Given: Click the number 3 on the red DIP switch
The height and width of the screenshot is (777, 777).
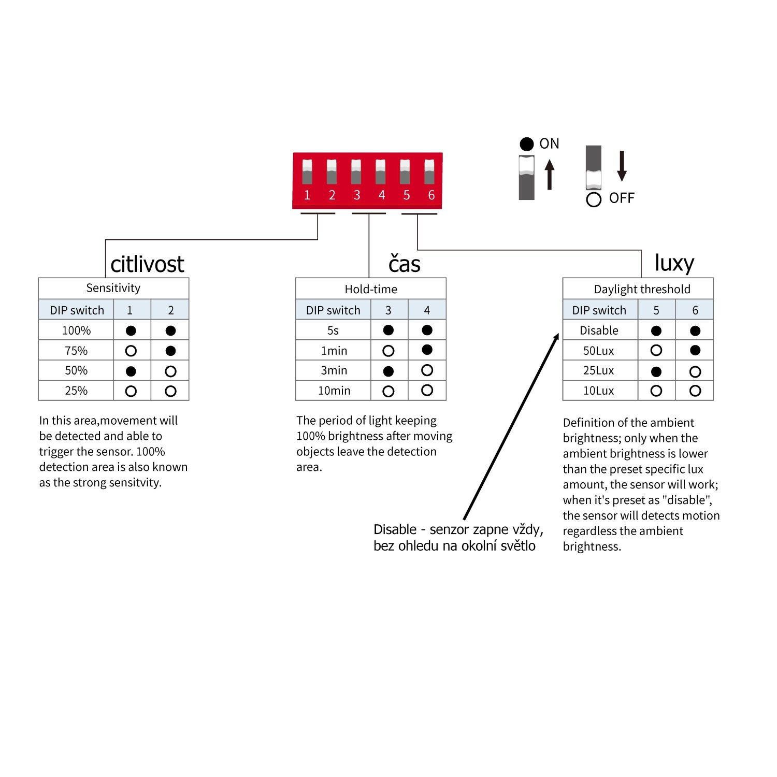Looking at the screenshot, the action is pos(357,195).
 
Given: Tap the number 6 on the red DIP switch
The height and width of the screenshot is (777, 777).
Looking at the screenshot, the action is pos(431,195).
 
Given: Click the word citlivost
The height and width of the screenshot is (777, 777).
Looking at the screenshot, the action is pos(147,264).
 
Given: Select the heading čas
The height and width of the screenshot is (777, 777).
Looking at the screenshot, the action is pos(405,263).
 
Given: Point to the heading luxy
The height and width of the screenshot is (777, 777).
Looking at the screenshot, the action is pos(674,263).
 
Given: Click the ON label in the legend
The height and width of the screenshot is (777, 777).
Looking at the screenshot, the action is pos(549,143).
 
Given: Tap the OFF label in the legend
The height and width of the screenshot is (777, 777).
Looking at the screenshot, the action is pos(622,198).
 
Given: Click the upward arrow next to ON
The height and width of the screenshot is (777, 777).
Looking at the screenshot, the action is pos(550,175).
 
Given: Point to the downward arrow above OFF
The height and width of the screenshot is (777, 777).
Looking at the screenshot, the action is pos(622,166).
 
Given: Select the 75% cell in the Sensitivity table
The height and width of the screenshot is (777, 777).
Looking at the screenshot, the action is pos(76,351).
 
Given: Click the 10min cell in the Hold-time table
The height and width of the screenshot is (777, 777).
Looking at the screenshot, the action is pos(334,391).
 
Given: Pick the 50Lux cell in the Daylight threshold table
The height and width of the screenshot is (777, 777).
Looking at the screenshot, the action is pos(598,351).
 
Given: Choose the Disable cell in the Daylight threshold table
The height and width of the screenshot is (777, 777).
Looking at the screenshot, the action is pos(599,330).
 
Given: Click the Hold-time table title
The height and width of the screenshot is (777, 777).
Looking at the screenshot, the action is pos(371,289).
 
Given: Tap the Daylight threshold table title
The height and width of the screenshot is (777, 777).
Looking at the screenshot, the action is pos(642,289).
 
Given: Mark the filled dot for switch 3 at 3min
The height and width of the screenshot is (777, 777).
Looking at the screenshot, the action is pos(388,371).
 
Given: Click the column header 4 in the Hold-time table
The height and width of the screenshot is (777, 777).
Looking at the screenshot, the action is pos(427,310).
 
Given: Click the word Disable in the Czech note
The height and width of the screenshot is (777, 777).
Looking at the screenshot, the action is pos(395,529).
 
